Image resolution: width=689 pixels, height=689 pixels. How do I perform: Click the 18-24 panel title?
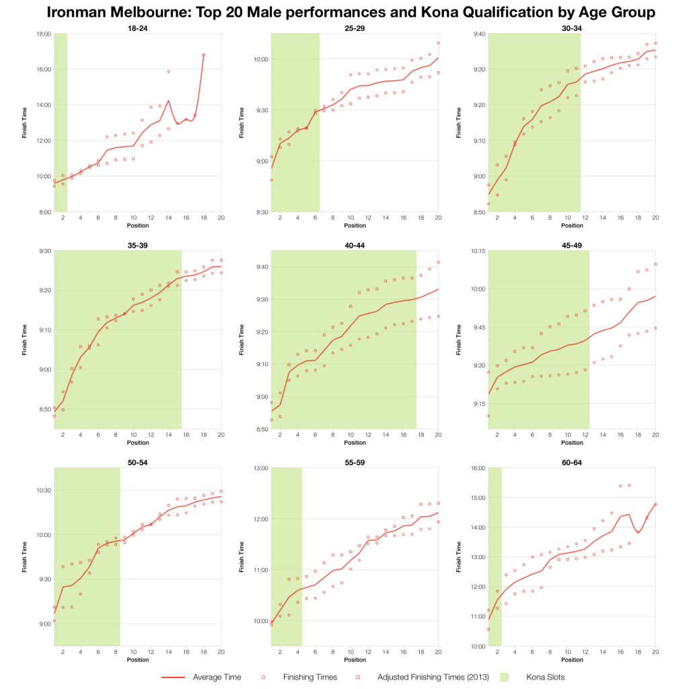(x=137, y=28)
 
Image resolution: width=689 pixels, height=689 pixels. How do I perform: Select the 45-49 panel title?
(x=571, y=246)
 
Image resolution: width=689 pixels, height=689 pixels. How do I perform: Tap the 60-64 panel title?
(x=571, y=463)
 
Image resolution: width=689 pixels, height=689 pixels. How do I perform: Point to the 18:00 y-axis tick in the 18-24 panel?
(x=43, y=33)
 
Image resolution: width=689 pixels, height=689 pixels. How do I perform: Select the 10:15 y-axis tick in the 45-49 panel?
(x=476, y=251)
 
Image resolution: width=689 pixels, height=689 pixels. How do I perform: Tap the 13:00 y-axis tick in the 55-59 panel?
(x=259, y=468)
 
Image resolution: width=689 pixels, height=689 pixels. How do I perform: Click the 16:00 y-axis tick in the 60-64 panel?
(x=476, y=468)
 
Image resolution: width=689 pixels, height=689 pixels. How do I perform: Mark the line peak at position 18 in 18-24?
(x=203, y=55)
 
